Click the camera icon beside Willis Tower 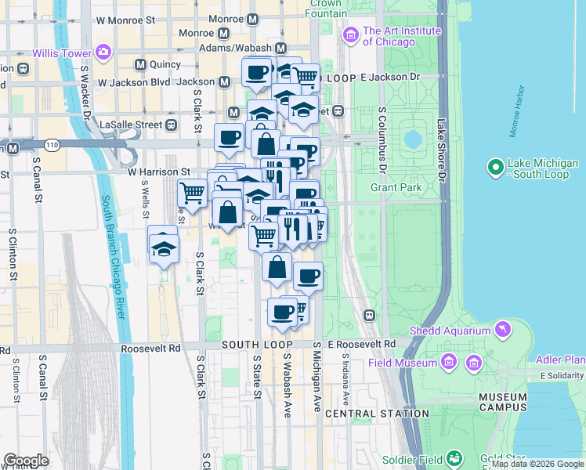tap(103, 52)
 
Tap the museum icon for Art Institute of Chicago tap(350, 35)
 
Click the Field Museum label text tap(403, 363)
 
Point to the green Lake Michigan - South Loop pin tap(494, 168)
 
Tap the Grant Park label tap(396, 188)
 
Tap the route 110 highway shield tap(52, 145)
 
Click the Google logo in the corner tap(26, 460)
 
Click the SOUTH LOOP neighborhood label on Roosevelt tap(257, 345)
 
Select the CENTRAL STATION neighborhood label tap(376, 413)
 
